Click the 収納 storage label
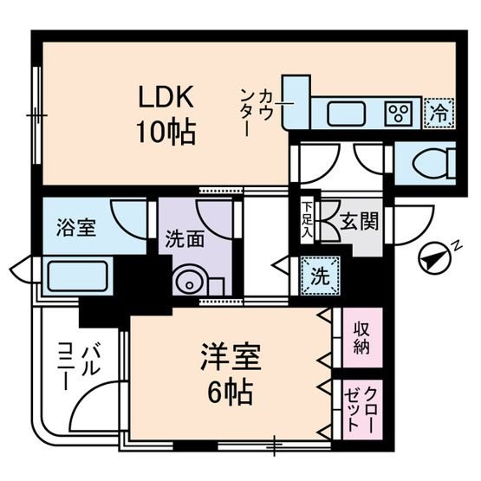[360, 340]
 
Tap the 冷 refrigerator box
[437, 112]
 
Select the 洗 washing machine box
[319, 278]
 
